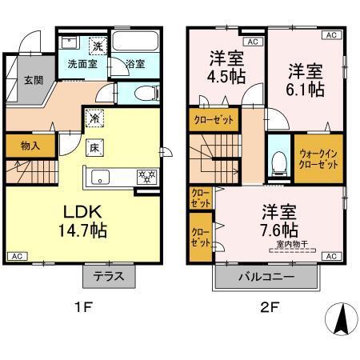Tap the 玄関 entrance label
tap(33, 80)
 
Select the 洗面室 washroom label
tap(82, 64)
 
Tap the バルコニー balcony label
tap(266, 277)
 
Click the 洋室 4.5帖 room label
tap(226, 70)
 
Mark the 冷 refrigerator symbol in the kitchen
tap(94, 117)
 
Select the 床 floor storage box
tap(94, 146)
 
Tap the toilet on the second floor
tap(279, 162)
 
